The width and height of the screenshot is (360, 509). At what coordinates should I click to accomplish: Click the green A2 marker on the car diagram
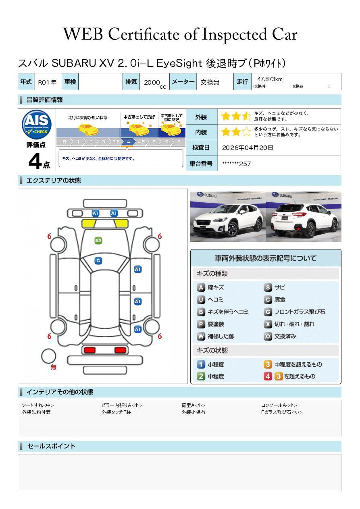[98, 241]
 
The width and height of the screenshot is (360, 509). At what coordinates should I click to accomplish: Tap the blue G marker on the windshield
[98, 261]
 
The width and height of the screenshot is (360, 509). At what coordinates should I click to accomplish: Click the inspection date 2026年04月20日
[248, 148]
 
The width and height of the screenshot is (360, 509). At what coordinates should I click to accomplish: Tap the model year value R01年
[47, 82]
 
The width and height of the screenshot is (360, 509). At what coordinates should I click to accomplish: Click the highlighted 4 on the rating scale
[128, 142]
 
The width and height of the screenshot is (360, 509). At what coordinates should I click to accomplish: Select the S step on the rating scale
[178, 142]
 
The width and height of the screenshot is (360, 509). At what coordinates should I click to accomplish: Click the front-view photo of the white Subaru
[227, 217]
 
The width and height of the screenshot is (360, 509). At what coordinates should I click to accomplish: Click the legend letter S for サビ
[268, 288]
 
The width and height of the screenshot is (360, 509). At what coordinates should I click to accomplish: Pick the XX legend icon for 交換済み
[268, 337]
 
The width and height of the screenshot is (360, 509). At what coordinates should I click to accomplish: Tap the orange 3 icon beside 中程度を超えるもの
[268, 365]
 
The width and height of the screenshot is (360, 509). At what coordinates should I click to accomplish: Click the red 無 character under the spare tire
[54, 367]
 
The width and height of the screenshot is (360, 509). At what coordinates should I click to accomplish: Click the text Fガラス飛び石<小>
[281, 412]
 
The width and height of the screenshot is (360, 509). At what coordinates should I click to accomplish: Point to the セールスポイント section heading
[51, 446]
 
